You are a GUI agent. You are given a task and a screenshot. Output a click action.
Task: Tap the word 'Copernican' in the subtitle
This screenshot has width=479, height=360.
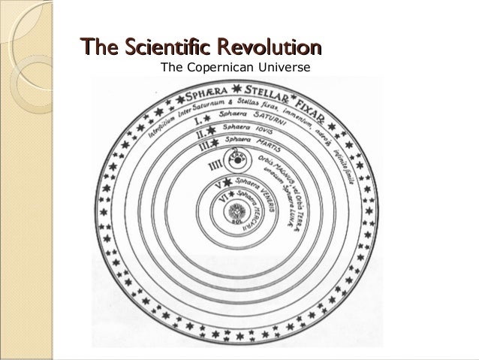[221, 71]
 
